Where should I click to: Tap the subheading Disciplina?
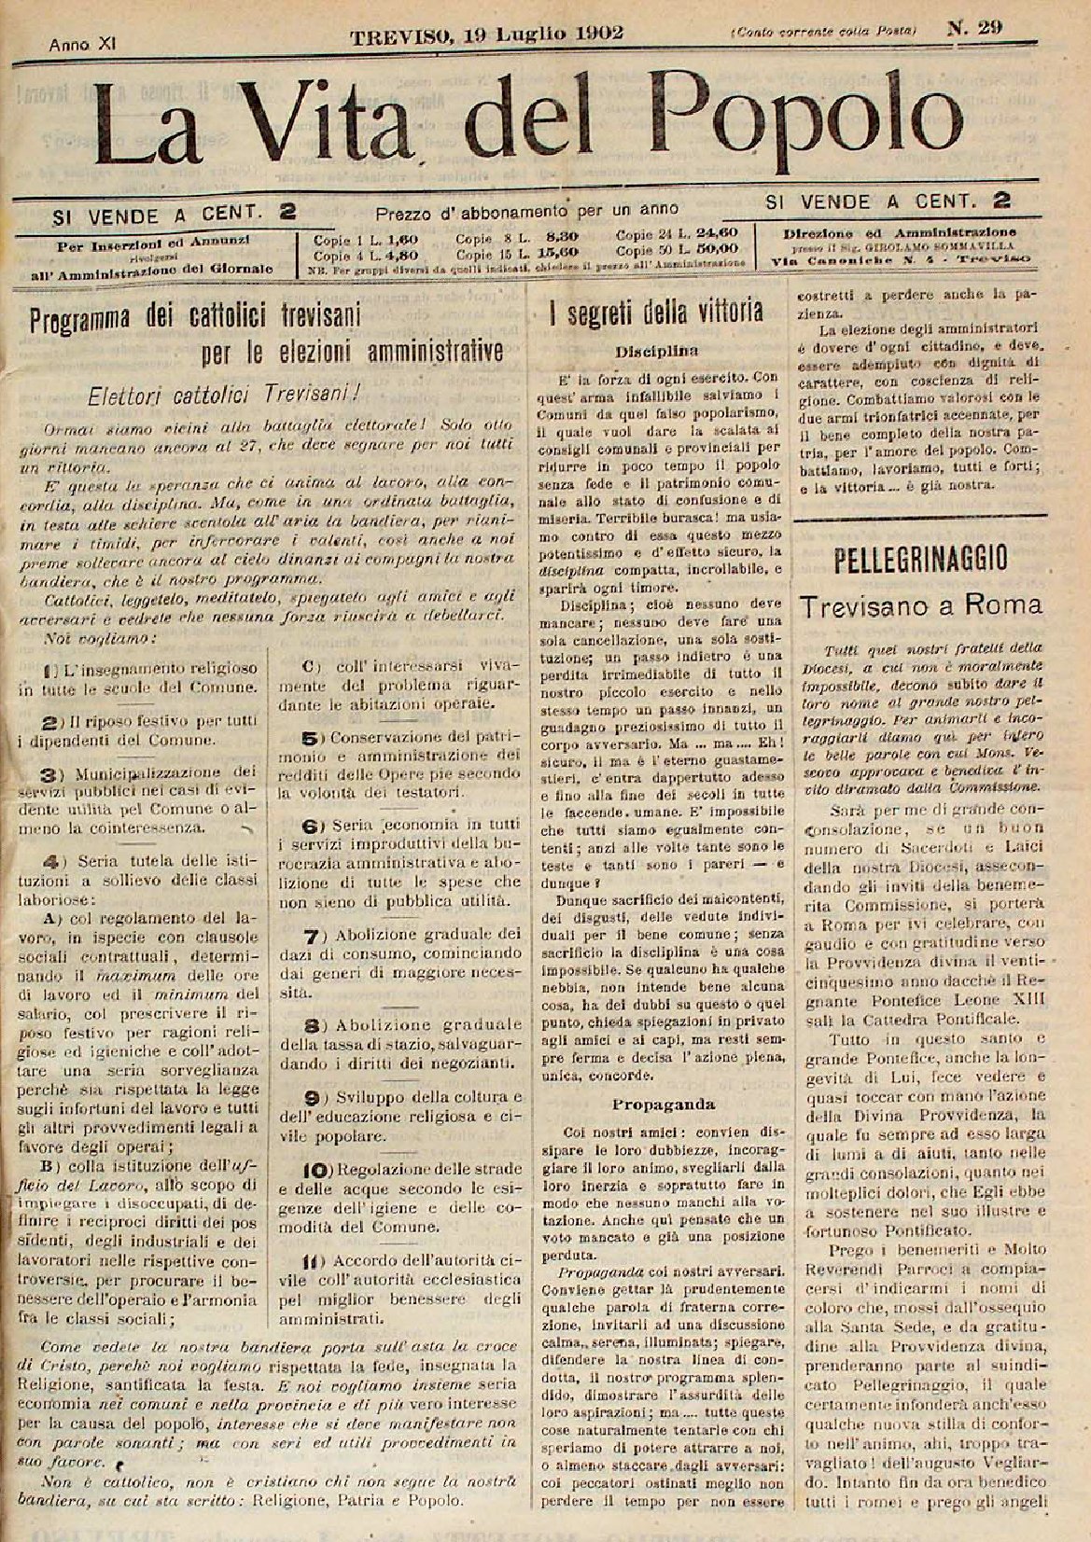click(x=657, y=353)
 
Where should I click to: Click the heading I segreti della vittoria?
click(x=656, y=312)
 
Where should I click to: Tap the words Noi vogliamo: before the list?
click(x=102, y=639)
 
